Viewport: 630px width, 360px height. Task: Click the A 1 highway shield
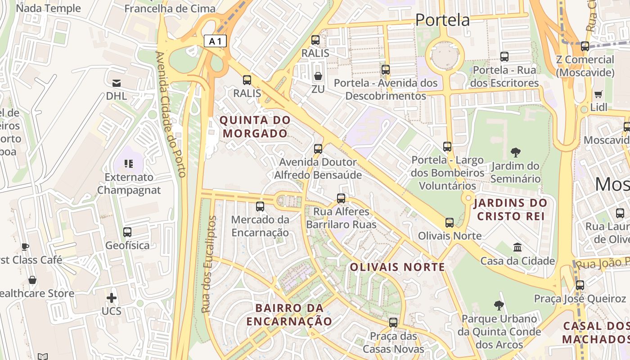[x=215, y=41]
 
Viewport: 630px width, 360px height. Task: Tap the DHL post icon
[x=117, y=83]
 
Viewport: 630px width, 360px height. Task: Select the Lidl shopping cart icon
[x=598, y=94]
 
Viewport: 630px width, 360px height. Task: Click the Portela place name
[x=442, y=20]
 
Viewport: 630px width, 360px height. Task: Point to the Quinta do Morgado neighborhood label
[x=255, y=127]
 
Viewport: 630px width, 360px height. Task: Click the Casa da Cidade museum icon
[x=517, y=247]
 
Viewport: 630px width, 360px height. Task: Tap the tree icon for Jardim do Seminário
[x=515, y=153]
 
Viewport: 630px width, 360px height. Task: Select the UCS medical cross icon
[x=112, y=298]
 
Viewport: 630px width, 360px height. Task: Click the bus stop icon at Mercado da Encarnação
[x=260, y=207]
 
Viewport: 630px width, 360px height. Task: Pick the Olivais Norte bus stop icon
[x=450, y=223]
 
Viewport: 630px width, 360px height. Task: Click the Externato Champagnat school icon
[x=129, y=164]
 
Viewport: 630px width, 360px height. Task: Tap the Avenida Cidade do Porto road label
[x=171, y=114]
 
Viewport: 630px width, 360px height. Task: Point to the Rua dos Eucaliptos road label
[x=209, y=265]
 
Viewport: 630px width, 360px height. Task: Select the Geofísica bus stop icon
[x=127, y=232]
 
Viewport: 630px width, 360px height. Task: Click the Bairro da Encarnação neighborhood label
[x=289, y=315]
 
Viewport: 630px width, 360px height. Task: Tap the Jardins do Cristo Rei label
[x=510, y=209]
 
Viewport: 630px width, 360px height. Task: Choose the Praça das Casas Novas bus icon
[x=393, y=323]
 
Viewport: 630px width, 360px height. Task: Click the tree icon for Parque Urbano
[x=499, y=306]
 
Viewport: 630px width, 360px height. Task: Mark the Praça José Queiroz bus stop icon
[x=580, y=285]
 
